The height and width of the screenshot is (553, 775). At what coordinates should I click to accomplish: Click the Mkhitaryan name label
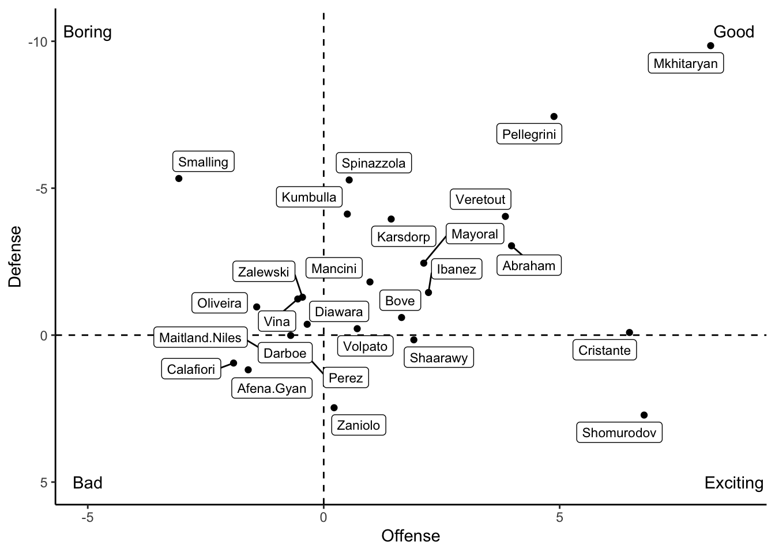686,63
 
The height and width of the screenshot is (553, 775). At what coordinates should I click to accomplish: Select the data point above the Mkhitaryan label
710,46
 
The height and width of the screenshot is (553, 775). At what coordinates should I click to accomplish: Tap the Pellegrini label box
529,134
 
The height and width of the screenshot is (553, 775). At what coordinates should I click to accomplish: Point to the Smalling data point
179,179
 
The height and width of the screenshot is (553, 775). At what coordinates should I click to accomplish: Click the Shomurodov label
619,433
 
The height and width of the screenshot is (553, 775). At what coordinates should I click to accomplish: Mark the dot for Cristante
629,332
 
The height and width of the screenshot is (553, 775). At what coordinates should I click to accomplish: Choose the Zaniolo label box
358,425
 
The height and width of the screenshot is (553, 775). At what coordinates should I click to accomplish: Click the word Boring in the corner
88,32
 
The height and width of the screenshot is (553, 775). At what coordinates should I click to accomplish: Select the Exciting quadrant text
733,483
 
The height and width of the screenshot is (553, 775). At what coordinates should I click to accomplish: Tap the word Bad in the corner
88,483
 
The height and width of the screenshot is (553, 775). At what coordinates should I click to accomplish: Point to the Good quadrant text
733,32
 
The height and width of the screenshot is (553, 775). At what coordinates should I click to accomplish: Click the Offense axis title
411,536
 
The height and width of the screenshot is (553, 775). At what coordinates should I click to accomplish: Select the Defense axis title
16,256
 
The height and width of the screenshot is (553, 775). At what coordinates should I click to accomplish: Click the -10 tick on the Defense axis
38,42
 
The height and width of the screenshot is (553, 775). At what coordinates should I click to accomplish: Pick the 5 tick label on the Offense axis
559,517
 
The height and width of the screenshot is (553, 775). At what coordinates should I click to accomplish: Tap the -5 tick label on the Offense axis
88,517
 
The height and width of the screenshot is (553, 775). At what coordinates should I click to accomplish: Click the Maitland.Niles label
200,338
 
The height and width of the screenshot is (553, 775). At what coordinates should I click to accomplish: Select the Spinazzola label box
374,163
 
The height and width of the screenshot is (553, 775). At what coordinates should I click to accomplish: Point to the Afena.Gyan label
272,388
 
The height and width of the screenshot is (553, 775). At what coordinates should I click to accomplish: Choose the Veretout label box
480,199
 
